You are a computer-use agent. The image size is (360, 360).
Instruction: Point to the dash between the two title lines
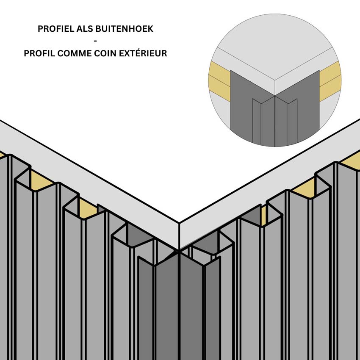click(x=95, y=42)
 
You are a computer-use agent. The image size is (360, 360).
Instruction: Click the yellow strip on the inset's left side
click(x=219, y=80)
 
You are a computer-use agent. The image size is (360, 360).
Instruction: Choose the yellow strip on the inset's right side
click(x=330, y=80)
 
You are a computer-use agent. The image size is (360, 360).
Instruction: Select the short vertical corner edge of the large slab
click(x=179, y=235)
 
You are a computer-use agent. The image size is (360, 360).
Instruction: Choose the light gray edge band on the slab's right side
click(x=271, y=178)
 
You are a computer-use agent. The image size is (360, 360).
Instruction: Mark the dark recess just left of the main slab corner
click(x=140, y=235)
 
